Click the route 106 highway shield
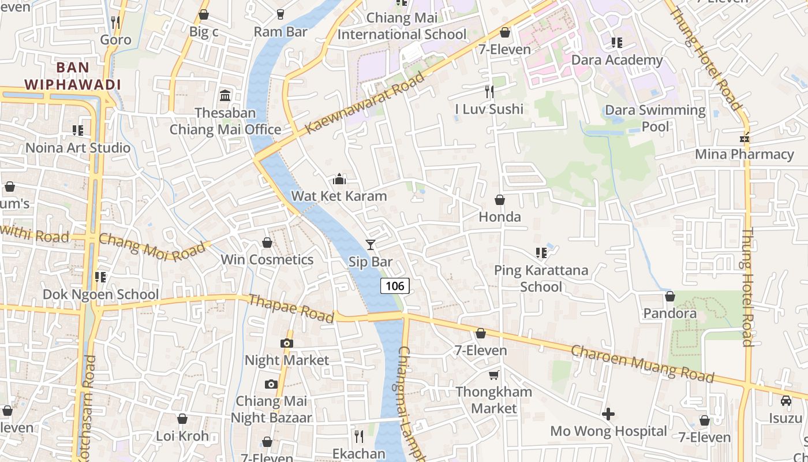[395, 285]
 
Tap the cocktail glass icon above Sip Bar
[370, 245]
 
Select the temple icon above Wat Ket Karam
[339, 179]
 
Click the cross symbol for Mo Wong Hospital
[608, 414]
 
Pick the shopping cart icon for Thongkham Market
[493, 375]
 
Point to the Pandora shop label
[669, 314]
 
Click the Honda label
[500, 217]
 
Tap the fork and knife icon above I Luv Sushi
[489, 92]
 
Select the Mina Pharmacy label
[744, 154]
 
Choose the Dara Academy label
[616, 60]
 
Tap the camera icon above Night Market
[286, 343]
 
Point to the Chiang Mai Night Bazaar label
[271, 409]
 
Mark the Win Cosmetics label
[267, 260]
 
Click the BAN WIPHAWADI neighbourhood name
[73, 76]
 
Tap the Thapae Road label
[291, 308]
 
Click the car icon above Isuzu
[785, 401]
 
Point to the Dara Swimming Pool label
[655, 118]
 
